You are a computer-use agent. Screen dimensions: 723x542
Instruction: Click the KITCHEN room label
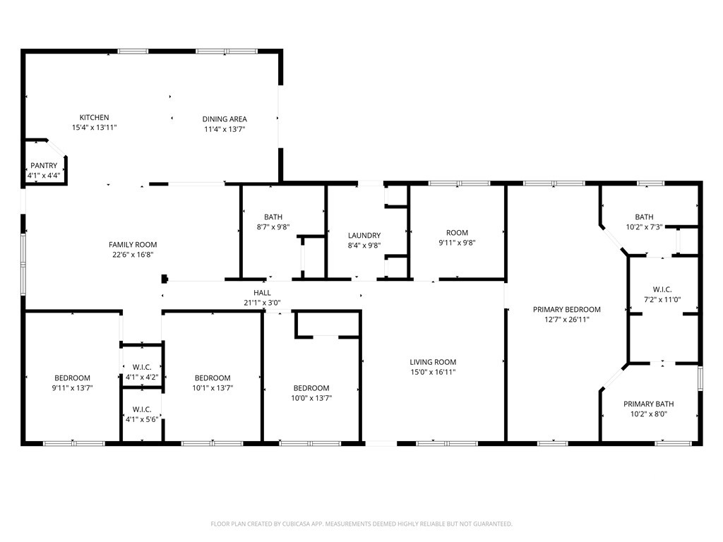click(x=94, y=118)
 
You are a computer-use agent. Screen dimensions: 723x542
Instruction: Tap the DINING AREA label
click(x=225, y=119)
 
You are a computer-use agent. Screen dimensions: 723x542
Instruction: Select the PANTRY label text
click(x=44, y=165)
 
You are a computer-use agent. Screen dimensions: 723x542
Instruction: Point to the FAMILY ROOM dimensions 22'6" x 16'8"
click(x=133, y=254)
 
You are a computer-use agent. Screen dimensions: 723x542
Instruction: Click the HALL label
click(x=262, y=293)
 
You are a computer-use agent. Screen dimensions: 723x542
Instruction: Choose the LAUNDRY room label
click(x=364, y=236)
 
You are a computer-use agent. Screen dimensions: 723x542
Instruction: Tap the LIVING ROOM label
click(x=433, y=362)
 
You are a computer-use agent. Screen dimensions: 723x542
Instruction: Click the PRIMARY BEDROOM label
click(x=567, y=310)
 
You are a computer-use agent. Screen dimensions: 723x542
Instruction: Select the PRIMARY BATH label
click(x=648, y=404)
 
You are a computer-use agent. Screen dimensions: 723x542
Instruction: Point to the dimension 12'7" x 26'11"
click(x=567, y=320)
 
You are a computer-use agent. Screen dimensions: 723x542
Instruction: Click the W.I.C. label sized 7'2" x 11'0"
click(x=662, y=289)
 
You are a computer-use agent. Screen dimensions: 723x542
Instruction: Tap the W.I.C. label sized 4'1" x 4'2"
click(x=142, y=367)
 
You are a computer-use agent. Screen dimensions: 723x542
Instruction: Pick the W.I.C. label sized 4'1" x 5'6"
click(x=142, y=409)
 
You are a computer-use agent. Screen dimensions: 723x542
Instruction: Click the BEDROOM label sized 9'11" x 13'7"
click(x=73, y=378)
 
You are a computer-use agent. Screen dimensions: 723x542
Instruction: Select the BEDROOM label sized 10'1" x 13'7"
click(x=213, y=378)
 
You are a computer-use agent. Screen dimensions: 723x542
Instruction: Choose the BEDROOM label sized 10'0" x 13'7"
click(x=311, y=388)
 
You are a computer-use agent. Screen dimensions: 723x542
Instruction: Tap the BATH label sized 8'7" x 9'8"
click(x=273, y=217)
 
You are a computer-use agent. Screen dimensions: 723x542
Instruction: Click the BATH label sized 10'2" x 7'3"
click(x=644, y=217)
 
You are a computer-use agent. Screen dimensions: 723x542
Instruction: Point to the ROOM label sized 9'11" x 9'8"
click(x=457, y=233)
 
